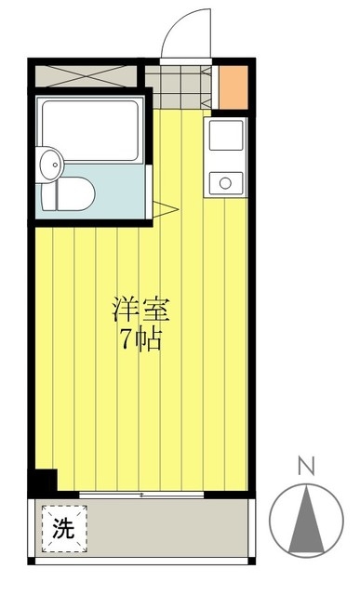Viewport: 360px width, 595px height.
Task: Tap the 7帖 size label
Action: coord(141,339)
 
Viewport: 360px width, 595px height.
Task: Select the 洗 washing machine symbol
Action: coord(62,529)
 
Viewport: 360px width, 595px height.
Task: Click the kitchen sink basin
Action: coord(224,136)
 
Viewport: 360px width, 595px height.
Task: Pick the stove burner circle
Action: coord(224,181)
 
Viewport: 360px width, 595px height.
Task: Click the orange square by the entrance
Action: coord(233,87)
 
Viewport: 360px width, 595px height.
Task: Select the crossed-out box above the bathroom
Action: coord(87,74)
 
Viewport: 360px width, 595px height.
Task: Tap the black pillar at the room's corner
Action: coord(43,482)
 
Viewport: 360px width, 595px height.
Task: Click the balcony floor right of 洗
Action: coord(167,529)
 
